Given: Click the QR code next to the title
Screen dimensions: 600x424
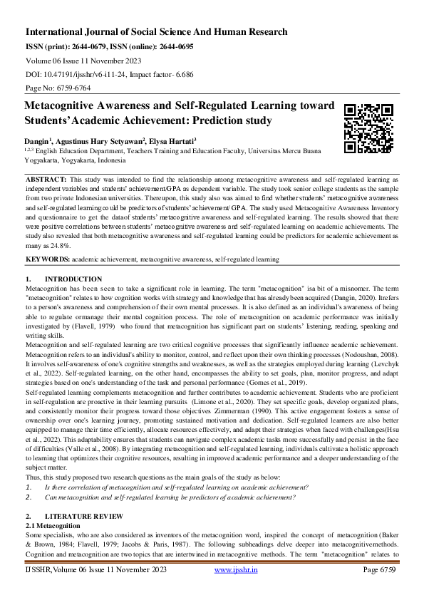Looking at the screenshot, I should click(368, 128).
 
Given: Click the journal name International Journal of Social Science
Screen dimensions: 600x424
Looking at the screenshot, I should click(156, 32).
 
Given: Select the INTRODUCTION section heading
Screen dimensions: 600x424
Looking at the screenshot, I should click(73, 279).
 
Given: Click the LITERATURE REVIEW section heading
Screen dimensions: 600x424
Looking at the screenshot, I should click(84, 515).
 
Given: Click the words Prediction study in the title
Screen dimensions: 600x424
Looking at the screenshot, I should click(221, 120).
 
